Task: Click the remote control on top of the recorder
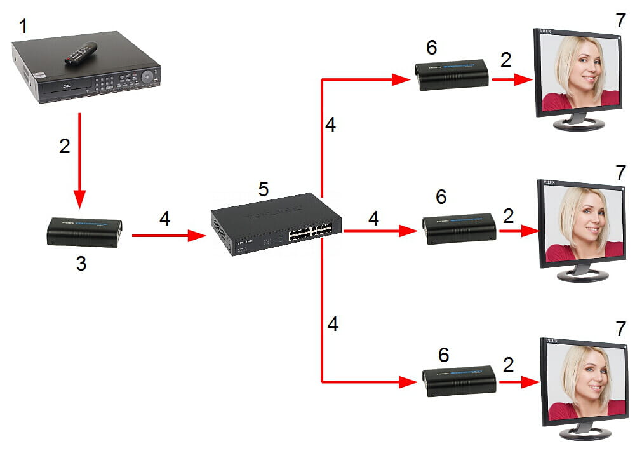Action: pos(81,53)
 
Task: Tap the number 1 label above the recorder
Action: pos(23,27)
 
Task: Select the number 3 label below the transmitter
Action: pos(81,264)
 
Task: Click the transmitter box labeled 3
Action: pos(84,232)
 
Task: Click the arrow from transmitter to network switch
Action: pos(169,236)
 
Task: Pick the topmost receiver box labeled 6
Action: pos(451,75)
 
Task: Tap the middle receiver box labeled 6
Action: pos(459,229)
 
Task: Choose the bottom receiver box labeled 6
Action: pos(459,381)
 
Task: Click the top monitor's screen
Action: pos(579,73)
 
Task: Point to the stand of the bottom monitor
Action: pos(582,429)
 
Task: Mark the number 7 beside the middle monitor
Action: pos(620,172)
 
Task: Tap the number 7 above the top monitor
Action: pos(620,20)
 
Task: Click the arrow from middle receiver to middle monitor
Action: pos(518,231)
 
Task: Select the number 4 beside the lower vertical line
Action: pos(333,325)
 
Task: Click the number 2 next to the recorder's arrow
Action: pos(65,146)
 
